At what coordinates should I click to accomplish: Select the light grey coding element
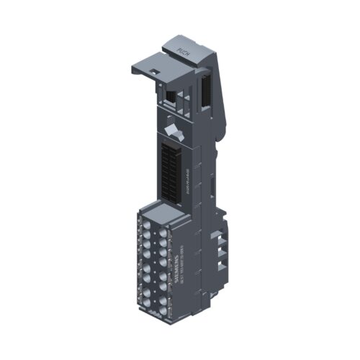173,131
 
